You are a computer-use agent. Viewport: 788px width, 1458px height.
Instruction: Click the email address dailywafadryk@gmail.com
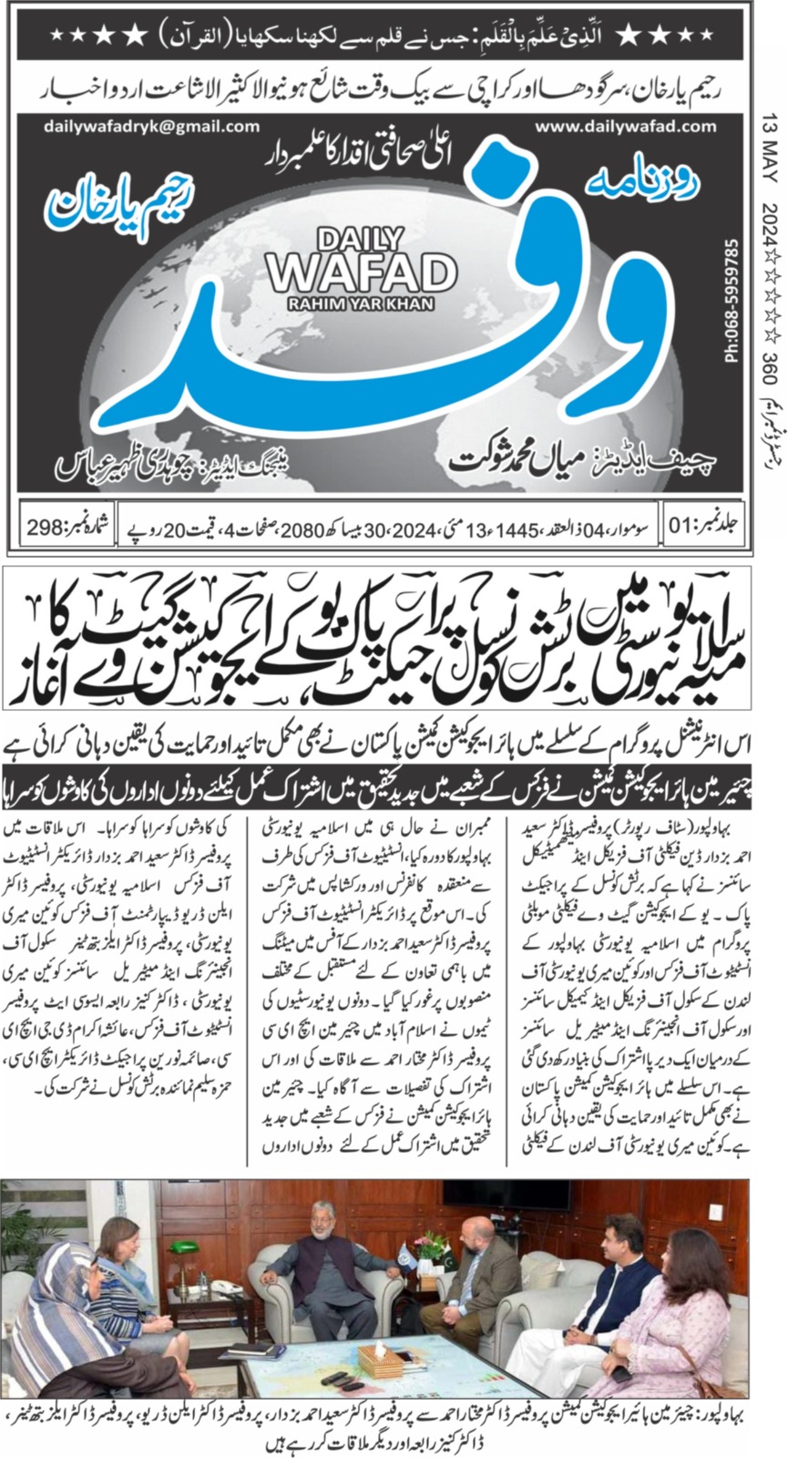point(138,128)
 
